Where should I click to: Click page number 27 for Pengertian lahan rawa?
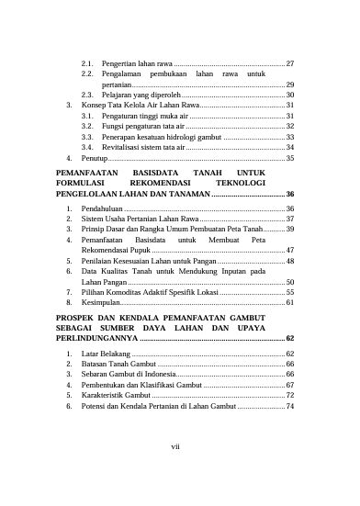(289, 62)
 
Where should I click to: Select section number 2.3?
(88, 95)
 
